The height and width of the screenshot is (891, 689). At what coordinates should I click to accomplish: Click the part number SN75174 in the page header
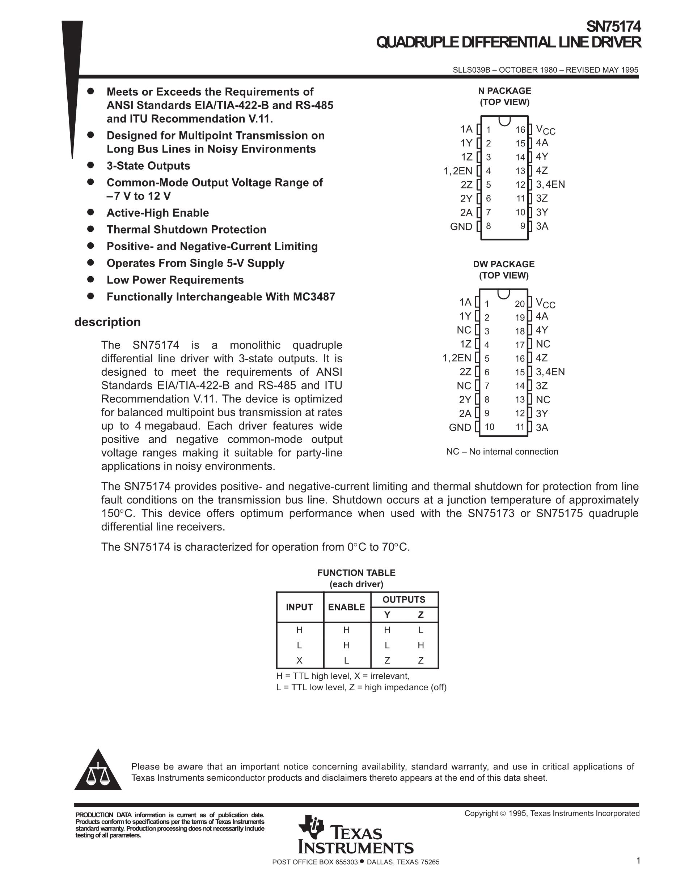tap(613, 27)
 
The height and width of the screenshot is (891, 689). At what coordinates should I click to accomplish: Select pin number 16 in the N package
tap(520, 130)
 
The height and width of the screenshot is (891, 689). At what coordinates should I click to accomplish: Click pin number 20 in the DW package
tap(519, 303)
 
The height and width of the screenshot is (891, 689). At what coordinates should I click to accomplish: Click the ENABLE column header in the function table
tap(346, 607)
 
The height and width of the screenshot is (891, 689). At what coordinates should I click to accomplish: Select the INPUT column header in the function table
tap(299, 607)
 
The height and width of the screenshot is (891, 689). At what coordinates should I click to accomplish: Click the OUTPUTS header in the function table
tap(404, 599)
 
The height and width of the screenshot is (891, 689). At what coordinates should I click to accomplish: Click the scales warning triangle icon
tap(98, 771)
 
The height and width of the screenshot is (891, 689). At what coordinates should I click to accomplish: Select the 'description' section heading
tap(107, 322)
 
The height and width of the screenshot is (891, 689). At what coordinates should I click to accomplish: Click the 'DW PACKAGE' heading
tap(504, 264)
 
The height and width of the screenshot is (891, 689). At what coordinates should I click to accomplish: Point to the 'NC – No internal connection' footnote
tap(502, 452)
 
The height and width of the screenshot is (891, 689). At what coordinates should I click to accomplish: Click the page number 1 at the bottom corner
tap(638, 861)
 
